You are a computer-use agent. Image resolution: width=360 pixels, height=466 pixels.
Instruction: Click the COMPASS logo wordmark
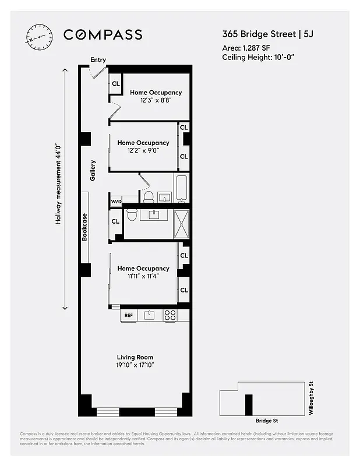coord(103,35)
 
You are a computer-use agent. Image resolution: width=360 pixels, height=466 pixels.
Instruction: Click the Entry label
coord(97,59)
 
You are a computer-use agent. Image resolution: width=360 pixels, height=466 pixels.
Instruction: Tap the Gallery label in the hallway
coord(92,170)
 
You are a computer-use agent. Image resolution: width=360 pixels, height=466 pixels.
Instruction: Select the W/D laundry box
coord(116,202)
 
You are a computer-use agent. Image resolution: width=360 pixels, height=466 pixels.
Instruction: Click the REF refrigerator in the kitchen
coord(128,315)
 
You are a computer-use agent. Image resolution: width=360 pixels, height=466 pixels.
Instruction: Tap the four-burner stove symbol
coord(170,315)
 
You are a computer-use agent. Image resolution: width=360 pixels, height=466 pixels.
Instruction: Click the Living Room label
coord(135,357)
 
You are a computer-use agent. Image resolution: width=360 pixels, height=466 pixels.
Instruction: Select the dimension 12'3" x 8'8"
coord(156,100)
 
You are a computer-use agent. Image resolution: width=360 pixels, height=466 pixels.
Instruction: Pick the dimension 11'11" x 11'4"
coord(143,276)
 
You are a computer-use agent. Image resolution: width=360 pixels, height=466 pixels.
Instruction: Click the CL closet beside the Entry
coord(115,83)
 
